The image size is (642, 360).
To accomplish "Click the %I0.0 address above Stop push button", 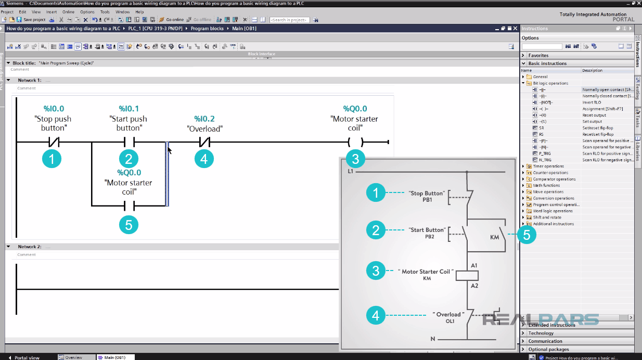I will click(x=54, y=109).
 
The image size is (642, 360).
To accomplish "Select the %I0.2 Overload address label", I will click(x=204, y=119).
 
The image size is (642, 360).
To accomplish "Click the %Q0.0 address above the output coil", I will click(x=355, y=109).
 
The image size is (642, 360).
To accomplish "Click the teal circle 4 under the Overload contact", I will click(x=204, y=159).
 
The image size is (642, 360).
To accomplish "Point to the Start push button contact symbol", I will click(x=129, y=142).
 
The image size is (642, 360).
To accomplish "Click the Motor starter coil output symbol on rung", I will click(x=355, y=142).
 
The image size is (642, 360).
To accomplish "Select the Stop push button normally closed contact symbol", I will click(x=54, y=142).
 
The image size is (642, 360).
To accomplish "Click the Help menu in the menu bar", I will click(x=139, y=11).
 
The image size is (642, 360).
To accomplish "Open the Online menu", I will click(x=68, y=11).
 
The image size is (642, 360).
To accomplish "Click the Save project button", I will click(x=31, y=20).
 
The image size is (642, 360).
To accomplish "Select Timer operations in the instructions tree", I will click(x=548, y=166).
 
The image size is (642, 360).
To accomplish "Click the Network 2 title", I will click(x=29, y=247).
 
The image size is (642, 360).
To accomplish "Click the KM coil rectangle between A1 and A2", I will click(x=467, y=276).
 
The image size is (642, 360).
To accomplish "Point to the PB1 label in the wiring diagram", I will click(x=428, y=200).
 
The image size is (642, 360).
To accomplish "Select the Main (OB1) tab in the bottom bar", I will click(x=114, y=357).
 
